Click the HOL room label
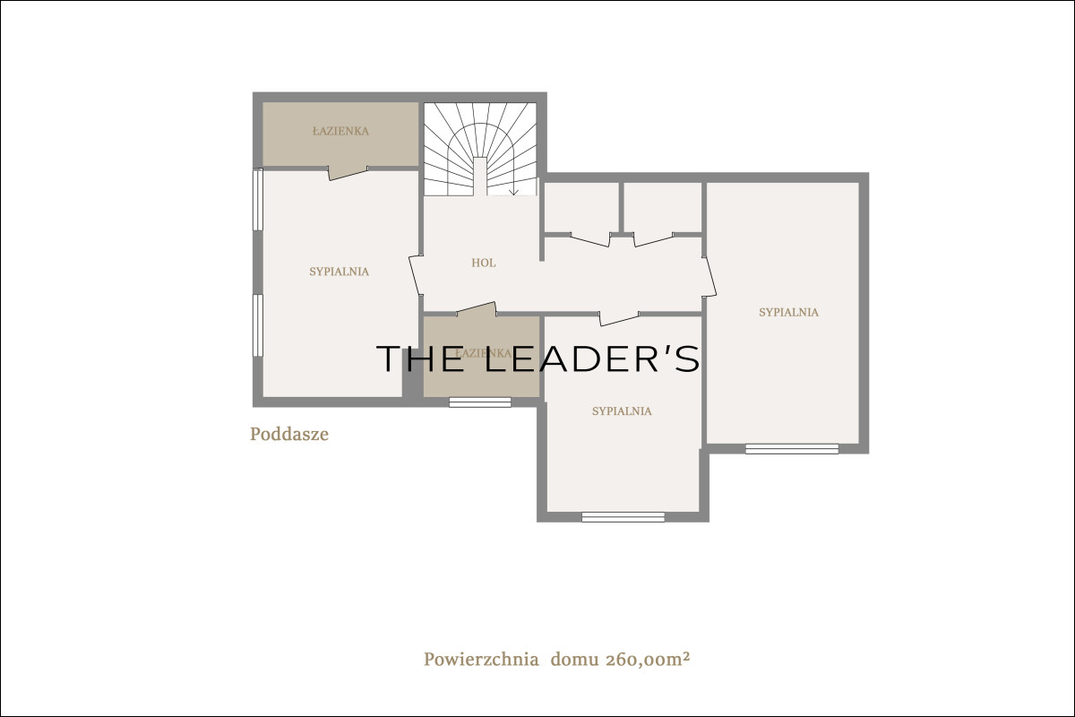coord(483,263)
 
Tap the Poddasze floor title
coord(289,434)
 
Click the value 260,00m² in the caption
coord(648,660)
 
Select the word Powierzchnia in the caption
coord(481,660)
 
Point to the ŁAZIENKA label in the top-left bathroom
coord(340,131)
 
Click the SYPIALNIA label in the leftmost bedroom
coord(340,272)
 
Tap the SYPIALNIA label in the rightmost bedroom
coord(788,312)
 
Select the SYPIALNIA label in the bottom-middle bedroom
coord(622,411)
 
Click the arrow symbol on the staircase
coord(513,191)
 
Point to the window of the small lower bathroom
coord(480,402)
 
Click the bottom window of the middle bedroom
coord(623,517)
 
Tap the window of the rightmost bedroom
coord(792,449)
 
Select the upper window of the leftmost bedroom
coord(258,199)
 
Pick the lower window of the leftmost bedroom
coord(258,325)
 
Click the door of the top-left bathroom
coord(348,173)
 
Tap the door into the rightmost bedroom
coord(709,277)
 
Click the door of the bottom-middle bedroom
coord(619,318)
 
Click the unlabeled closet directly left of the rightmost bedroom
coord(663,207)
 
